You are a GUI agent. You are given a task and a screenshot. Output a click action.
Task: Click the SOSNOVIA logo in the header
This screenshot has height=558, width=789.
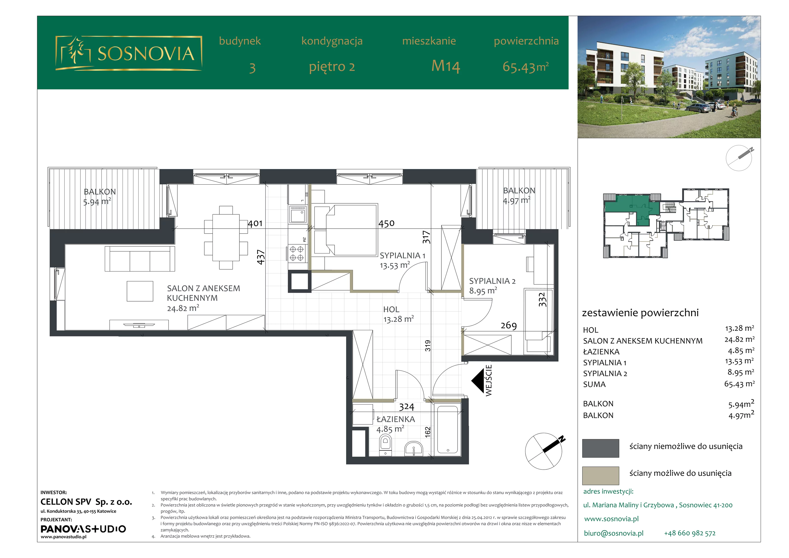(128, 53)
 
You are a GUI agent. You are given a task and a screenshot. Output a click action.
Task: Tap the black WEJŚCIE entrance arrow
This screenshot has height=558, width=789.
(478, 381)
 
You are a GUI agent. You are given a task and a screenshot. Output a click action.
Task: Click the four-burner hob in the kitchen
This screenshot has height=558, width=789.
(297, 253)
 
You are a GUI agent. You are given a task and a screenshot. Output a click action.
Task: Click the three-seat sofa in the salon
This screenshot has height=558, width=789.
(140, 259)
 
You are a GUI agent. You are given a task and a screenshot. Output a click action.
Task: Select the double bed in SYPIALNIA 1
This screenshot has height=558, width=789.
(346, 230)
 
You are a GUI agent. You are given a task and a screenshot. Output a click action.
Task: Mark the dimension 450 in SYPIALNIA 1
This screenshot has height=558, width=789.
(386, 224)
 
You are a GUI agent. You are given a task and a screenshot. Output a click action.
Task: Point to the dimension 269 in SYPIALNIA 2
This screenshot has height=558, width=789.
(509, 326)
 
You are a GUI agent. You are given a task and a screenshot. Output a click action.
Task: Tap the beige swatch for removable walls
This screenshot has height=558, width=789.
(600, 475)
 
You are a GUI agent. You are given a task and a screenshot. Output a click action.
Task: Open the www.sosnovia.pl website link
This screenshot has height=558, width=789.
(611, 519)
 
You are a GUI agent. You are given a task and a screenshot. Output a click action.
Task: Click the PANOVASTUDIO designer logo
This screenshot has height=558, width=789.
(83, 529)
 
